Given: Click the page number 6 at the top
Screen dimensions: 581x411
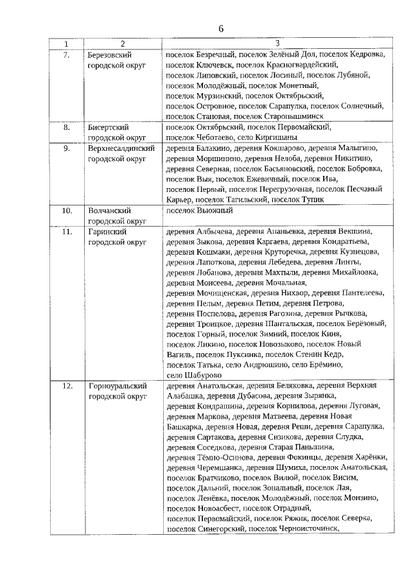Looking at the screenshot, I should pyautogui.click(x=221, y=29).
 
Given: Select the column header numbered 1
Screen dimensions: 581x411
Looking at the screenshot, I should pyautogui.click(x=66, y=44).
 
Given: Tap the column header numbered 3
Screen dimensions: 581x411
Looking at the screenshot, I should pyautogui.click(x=276, y=44).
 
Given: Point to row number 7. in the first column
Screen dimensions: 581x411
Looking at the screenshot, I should pyautogui.click(x=66, y=55).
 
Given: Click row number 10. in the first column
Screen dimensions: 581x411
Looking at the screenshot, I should pyautogui.click(x=66, y=210).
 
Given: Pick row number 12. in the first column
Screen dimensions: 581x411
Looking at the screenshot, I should pyautogui.click(x=66, y=386).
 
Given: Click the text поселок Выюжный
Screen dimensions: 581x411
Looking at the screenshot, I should pyautogui.click(x=198, y=210).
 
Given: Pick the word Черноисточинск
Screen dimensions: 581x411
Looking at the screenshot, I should pyautogui.click(x=306, y=530).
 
